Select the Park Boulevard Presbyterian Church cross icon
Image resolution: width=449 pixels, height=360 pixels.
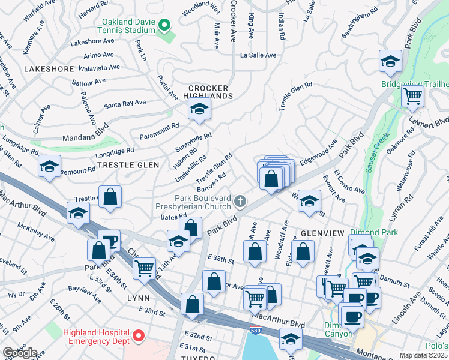tap(240, 200)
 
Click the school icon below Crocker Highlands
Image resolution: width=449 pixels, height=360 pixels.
tap(199, 109)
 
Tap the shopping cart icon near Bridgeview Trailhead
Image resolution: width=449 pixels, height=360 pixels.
tap(412, 95)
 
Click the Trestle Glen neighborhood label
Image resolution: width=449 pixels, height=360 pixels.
tap(128, 165)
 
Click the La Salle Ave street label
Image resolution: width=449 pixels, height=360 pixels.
tap(258, 55)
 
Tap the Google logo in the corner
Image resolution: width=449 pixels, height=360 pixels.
tap(20, 353)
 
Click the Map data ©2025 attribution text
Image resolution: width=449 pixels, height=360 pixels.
tap(423, 355)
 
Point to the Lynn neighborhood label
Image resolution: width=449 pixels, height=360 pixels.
tap(138, 298)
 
